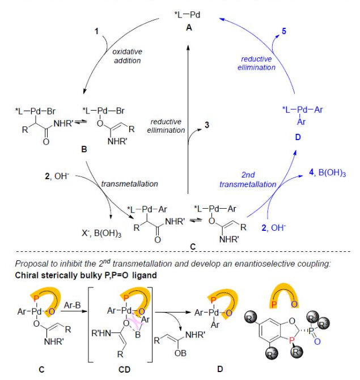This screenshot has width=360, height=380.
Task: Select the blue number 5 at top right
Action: point(276,32)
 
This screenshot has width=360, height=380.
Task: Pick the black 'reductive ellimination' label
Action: point(167,126)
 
